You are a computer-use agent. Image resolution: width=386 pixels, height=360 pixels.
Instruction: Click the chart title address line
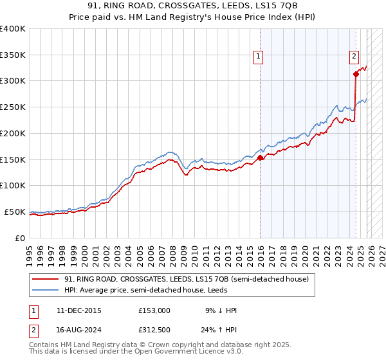pos(193,6)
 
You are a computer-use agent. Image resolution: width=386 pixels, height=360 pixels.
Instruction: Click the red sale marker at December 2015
pos(260,157)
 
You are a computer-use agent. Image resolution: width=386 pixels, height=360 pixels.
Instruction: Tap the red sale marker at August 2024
pos(356,74)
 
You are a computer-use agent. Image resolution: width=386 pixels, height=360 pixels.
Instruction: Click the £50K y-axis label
pos(14,212)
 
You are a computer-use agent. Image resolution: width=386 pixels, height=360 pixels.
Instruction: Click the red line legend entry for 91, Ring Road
pos(187,279)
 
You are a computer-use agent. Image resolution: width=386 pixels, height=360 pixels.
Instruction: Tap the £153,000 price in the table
pos(154,310)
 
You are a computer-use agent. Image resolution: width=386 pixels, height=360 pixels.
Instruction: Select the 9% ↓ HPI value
pos(220,310)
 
